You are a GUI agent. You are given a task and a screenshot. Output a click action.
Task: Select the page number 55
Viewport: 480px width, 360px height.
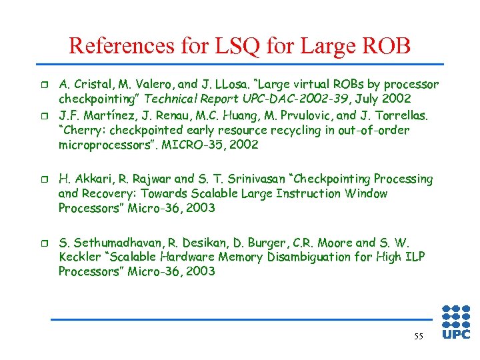[x=418, y=337]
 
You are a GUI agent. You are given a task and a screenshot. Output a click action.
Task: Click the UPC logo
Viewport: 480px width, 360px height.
[x=457, y=323]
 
